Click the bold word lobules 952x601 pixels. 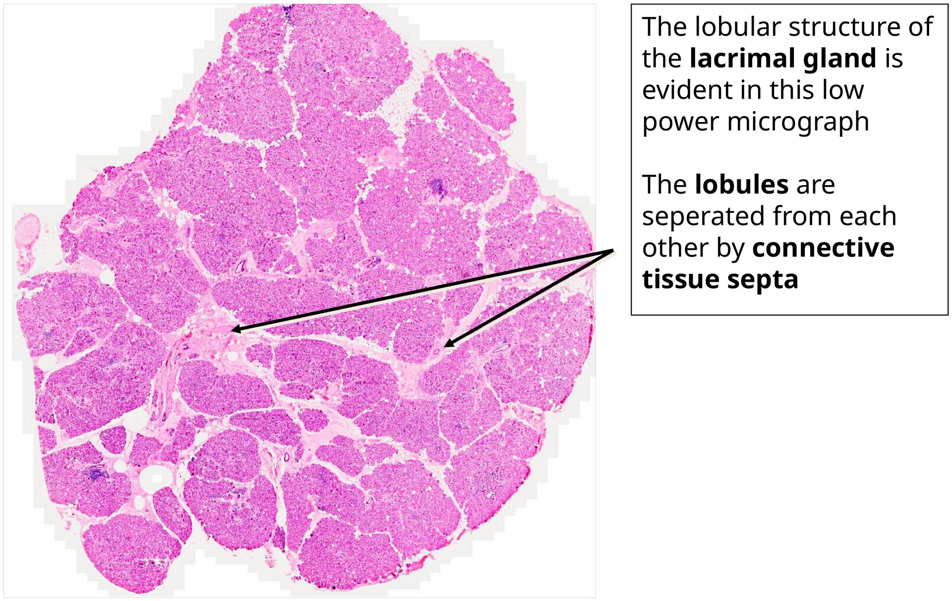741,185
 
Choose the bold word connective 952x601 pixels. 823,248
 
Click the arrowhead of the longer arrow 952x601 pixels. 234,330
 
